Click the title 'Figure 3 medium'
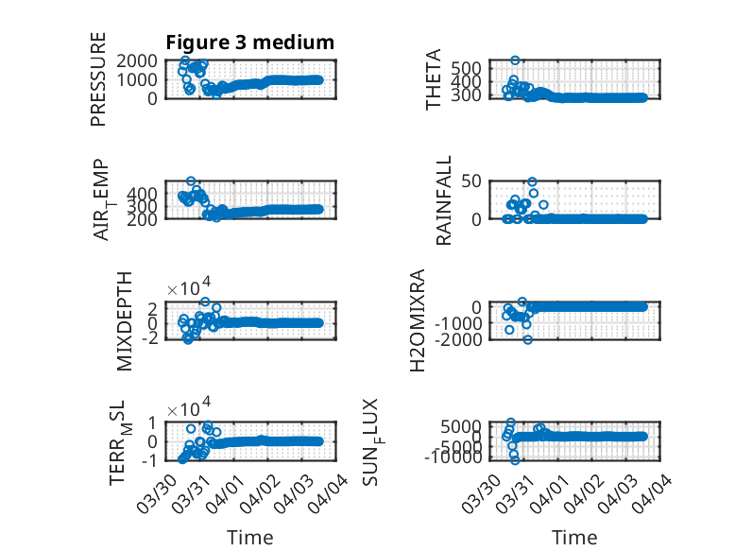[x=249, y=43]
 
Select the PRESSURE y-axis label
[x=98, y=79]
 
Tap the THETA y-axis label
[x=434, y=79]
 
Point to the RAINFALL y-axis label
[x=443, y=200]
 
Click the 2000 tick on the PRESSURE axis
[x=143, y=60]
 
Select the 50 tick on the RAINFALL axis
[x=472, y=181]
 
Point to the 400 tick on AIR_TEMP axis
[x=147, y=192]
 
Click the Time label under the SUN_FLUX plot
[x=574, y=538]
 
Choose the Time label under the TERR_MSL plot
[x=250, y=538]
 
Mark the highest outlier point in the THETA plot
[x=515, y=60]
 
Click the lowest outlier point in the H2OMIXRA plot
[x=528, y=339]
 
